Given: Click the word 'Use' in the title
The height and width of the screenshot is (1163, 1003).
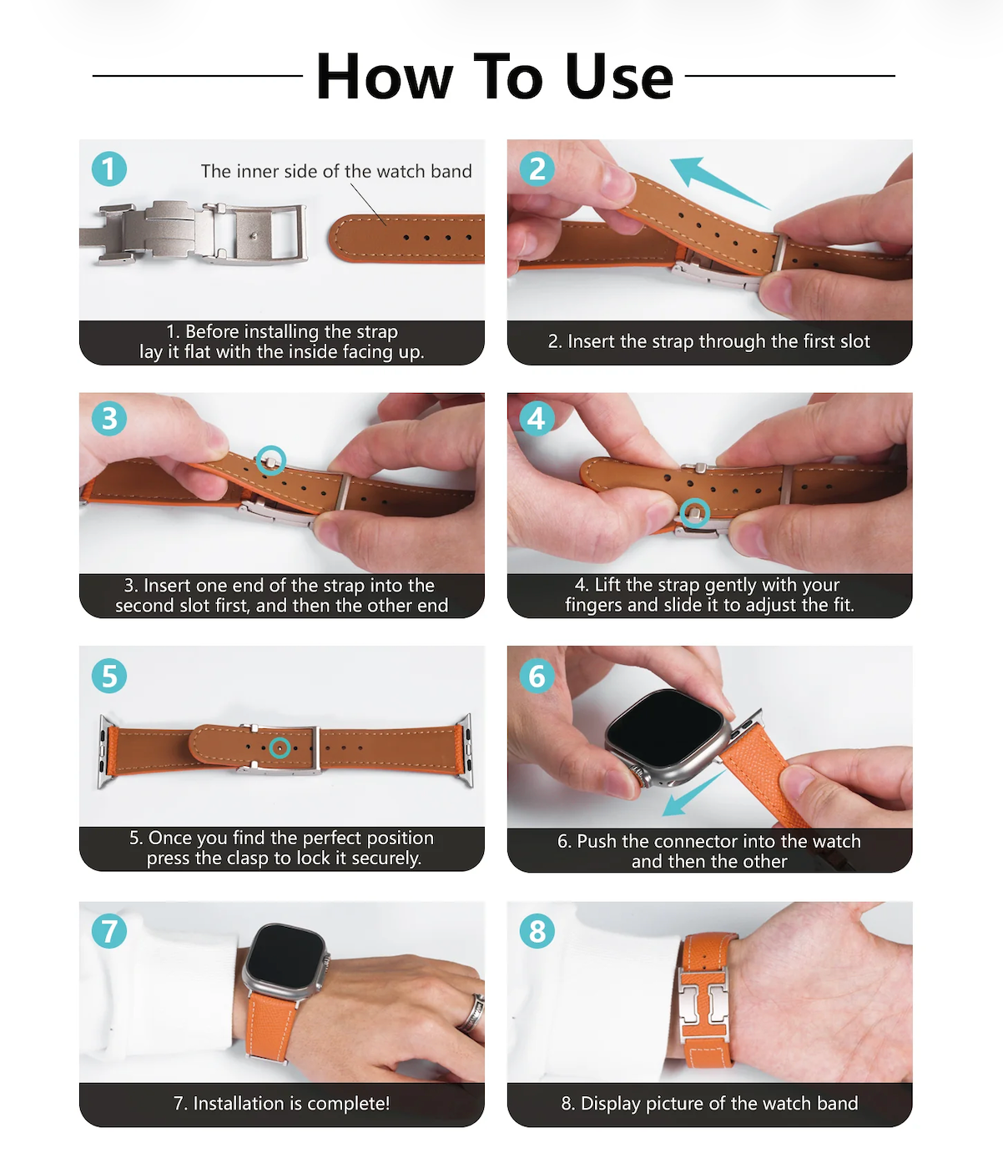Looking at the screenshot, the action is coord(618,77).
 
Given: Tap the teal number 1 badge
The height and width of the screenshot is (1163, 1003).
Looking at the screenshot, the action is coord(109,169).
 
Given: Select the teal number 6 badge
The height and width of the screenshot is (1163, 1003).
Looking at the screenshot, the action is coord(537,676).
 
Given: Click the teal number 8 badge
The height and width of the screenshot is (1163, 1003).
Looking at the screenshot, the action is coord(537,931).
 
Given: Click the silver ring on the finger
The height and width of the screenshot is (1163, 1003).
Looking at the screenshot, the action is coord(471,1014).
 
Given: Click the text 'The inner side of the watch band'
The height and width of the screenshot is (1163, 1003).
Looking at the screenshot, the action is coord(336,171).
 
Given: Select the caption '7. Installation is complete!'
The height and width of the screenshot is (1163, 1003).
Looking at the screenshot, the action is coord(281,1104).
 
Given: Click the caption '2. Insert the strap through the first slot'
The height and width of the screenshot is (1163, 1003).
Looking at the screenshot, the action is coord(709,341).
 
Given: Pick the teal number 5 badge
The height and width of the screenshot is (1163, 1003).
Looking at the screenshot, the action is coord(109,676).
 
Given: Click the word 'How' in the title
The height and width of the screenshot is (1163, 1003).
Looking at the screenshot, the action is coord(385,77).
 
